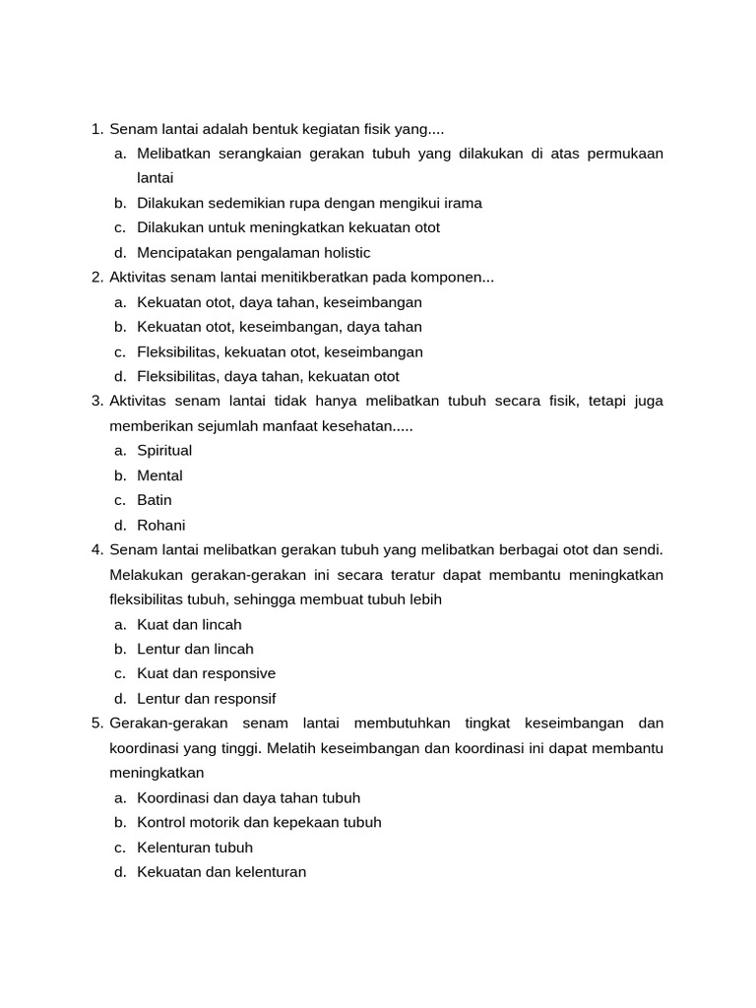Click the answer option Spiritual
tap(164, 451)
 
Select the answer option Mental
tap(159, 475)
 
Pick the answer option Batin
tap(155, 500)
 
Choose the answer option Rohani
tap(161, 525)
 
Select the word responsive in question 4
tap(239, 673)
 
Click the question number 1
tap(96, 129)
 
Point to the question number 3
tap(96, 401)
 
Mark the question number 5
tap(96, 724)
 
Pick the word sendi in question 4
tap(643, 549)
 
